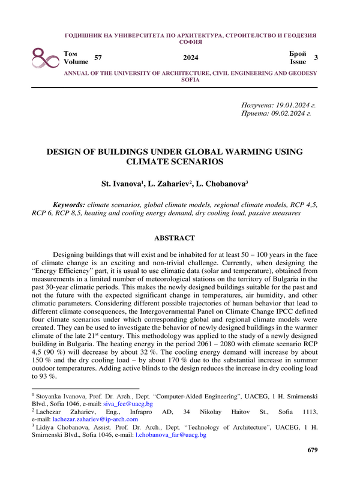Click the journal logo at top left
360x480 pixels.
point(45,58)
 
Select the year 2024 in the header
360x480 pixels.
point(190,58)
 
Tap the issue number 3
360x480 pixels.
point(316,58)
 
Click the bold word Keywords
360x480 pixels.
point(68,205)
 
